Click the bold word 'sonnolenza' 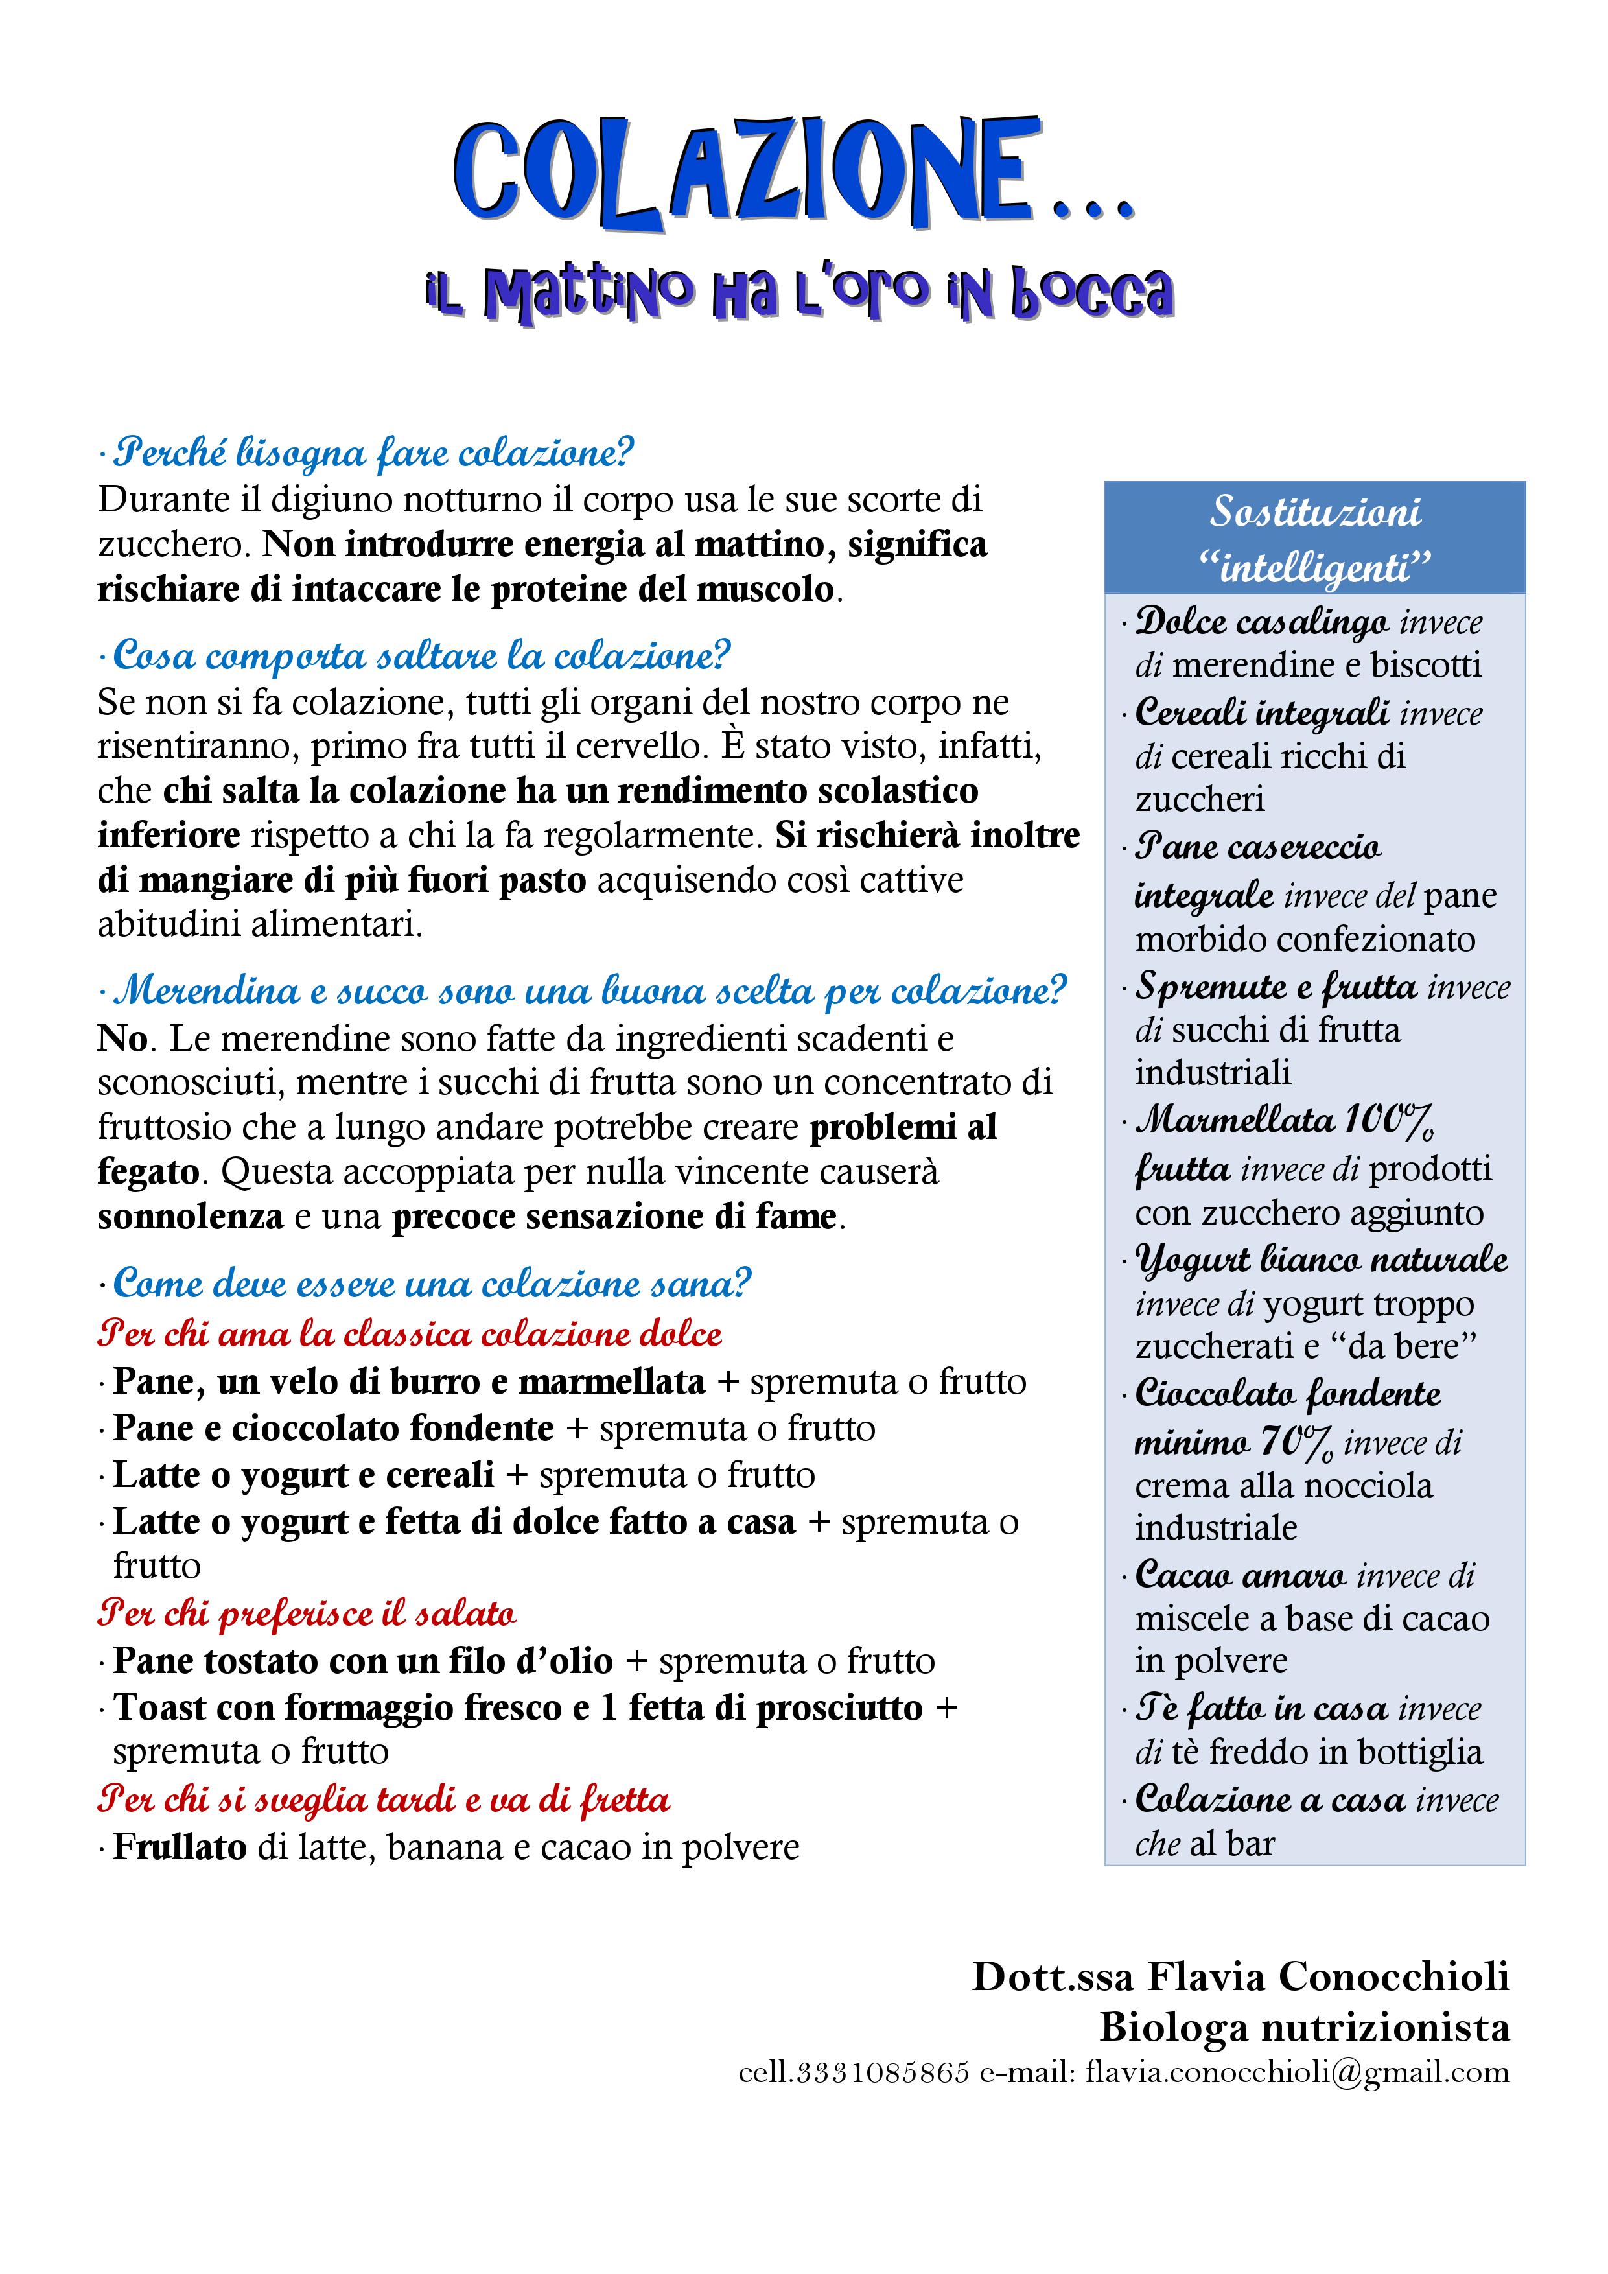(x=190, y=1216)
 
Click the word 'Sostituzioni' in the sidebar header (x=1315, y=512)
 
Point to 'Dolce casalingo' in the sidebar (x=1261, y=622)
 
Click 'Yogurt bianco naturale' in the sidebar (x=1321, y=1260)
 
